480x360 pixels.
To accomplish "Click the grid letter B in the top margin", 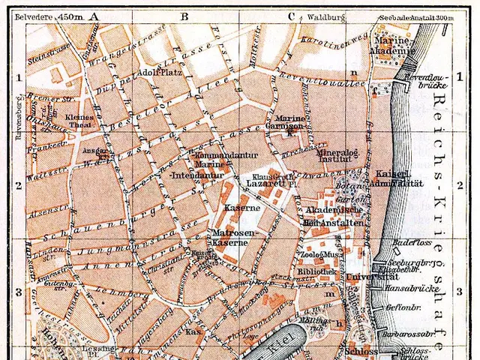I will tap(184, 15).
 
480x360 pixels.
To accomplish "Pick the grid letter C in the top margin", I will tap(290, 15).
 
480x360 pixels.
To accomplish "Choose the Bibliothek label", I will tap(316, 270).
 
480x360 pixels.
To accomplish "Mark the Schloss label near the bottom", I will tap(361, 349).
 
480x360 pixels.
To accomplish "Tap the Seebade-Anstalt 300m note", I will tap(424, 18).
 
